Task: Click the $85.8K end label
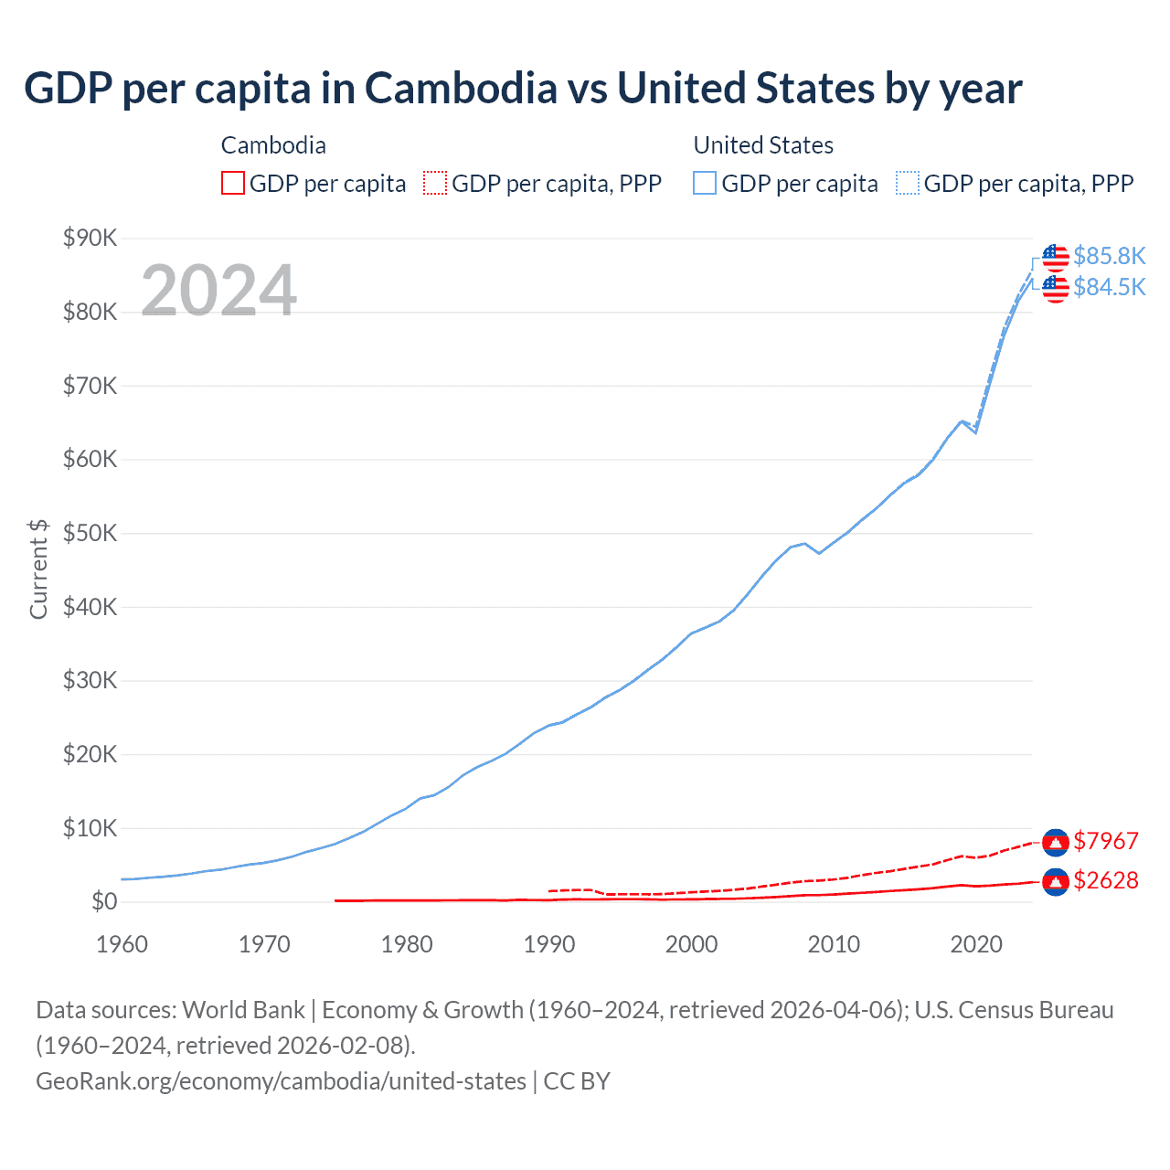pyautogui.click(x=1109, y=256)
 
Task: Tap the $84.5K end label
pyautogui.click(x=1109, y=287)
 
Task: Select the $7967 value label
pyautogui.click(x=1105, y=841)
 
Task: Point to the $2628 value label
pyautogui.click(x=1105, y=880)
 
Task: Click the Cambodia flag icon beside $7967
pyautogui.click(x=1056, y=842)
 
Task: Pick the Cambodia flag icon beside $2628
pyautogui.click(x=1056, y=881)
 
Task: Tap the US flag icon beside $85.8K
pyautogui.click(x=1056, y=258)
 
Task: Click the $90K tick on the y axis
pyautogui.click(x=90, y=239)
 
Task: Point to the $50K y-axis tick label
pyautogui.click(x=90, y=534)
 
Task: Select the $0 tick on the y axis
pyautogui.click(x=104, y=902)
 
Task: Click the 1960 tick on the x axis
pyautogui.click(x=122, y=944)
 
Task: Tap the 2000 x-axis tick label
pyautogui.click(x=691, y=944)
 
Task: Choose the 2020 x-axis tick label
pyautogui.click(x=976, y=944)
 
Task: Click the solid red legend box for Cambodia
pyautogui.click(x=233, y=184)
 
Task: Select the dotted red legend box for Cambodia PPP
pyautogui.click(x=435, y=184)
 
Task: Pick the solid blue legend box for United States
pyautogui.click(x=705, y=184)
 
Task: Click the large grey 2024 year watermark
pyautogui.click(x=218, y=291)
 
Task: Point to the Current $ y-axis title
pyautogui.click(x=38, y=569)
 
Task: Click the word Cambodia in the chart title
pyautogui.click(x=461, y=89)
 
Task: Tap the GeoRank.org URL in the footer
pyautogui.click(x=281, y=1081)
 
